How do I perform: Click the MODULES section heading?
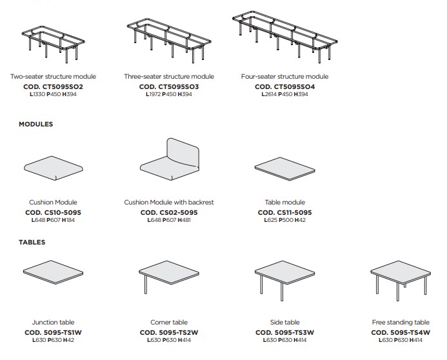(x=36, y=125)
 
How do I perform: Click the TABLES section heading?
(x=32, y=243)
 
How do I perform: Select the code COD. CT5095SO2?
(x=54, y=86)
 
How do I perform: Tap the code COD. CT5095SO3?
(x=169, y=86)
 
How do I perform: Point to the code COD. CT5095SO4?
(x=285, y=86)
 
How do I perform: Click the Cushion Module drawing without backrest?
(x=54, y=168)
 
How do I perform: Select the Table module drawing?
(x=285, y=169)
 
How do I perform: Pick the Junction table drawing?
(x=54, y=272)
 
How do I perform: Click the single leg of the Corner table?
(x=146, y=284)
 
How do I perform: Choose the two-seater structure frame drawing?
(x=53, y=44)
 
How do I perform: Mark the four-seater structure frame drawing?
(x=285, y=37)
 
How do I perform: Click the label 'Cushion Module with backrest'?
(x=169, y=203)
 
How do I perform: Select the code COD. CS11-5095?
(x=285, y=213)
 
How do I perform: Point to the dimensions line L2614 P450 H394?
(x=285, y=94)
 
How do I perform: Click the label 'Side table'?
(x=285, y=323)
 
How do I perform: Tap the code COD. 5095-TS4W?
(x=401, y=333)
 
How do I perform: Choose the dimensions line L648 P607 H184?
(x=54, y=220)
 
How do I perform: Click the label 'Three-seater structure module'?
(x=169, y=76)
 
